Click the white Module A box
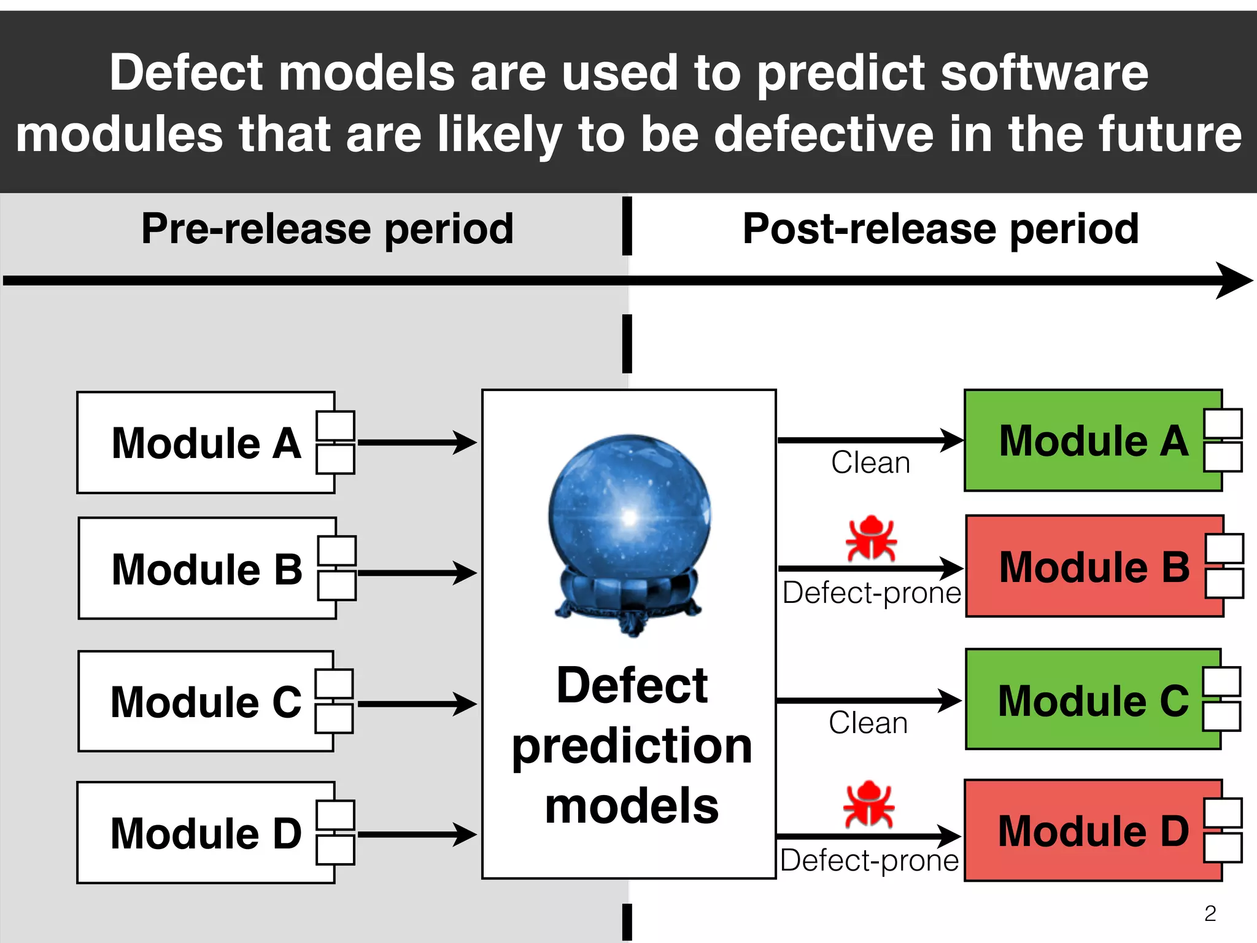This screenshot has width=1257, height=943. point(206,443)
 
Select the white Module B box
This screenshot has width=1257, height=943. point(207,569)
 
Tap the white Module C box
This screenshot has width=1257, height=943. point(206,701)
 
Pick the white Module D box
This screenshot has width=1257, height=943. point(206,832)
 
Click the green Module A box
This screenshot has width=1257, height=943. point(1093,440)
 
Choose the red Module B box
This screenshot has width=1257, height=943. point(1094,566)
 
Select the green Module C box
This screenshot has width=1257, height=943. point(1093,699)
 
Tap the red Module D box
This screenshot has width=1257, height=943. point(1093,831)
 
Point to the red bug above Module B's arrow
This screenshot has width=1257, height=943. point(871,538)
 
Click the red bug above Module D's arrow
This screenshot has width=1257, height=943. point(869,804)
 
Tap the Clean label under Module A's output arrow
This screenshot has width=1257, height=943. point(870,462)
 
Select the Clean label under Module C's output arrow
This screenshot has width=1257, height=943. point(868,723)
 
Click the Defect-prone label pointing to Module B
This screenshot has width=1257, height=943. point(872,593)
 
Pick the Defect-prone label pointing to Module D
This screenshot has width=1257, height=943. point(869,860)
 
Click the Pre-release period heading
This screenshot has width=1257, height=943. point(327,229)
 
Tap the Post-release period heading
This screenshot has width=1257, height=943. point(940,229)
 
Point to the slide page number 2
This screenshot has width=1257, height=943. point(1210,914)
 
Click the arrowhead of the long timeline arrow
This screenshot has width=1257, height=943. point(1234,281)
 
